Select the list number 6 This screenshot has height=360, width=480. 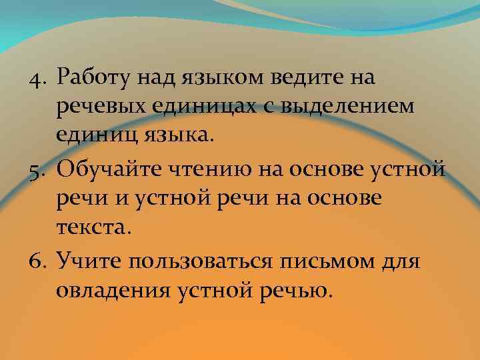tap(38, 260)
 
